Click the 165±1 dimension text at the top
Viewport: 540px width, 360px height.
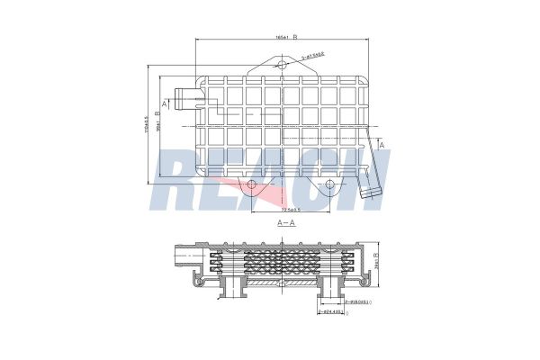(282, 38)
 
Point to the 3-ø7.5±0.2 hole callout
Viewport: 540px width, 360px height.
(313, 57)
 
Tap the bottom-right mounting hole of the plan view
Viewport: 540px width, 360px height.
(329, 185)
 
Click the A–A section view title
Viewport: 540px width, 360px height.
(287, 221)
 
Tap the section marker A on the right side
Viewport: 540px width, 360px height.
(382, 144)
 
